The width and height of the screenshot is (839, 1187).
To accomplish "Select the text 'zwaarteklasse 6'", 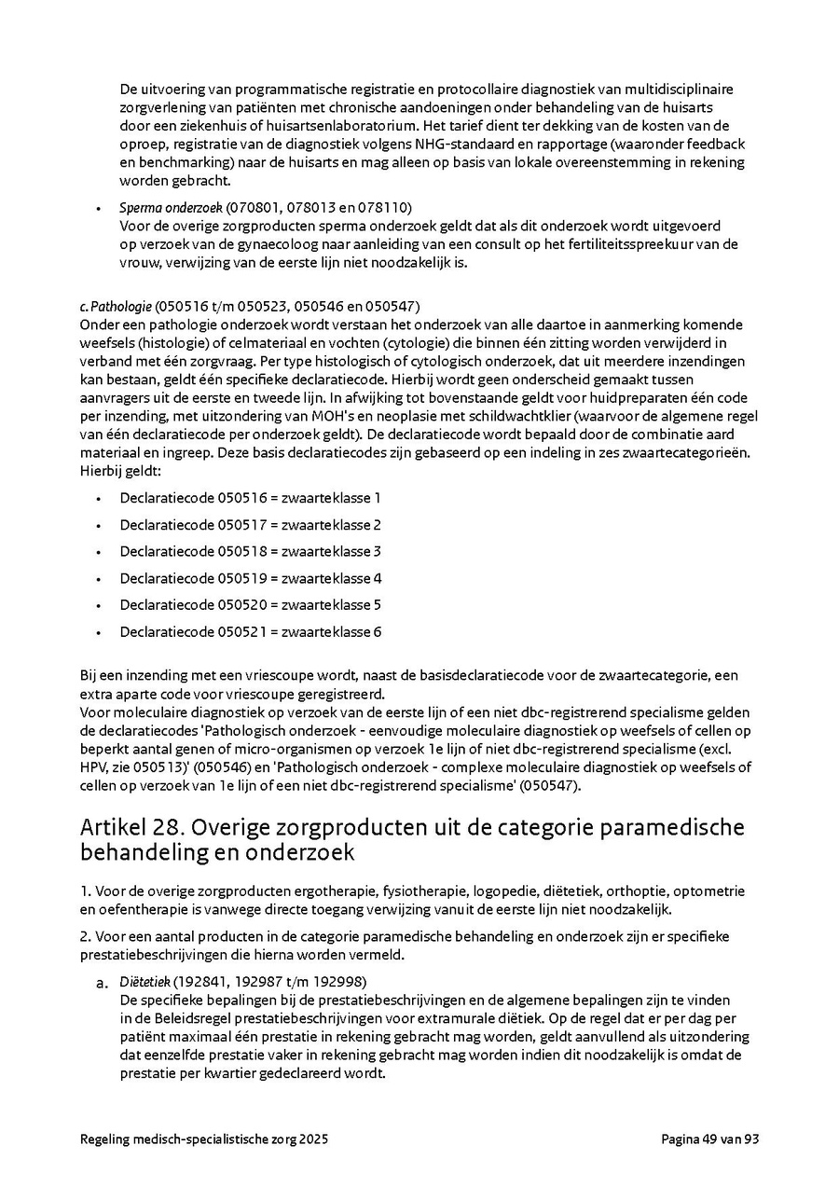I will [x=331, y=632].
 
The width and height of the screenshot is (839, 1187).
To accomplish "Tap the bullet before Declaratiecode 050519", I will [x=98, y=579].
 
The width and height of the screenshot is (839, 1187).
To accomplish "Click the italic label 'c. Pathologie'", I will [x=116, y=306].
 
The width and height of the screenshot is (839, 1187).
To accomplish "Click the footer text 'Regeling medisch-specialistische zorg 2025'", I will [x=204, y=1139].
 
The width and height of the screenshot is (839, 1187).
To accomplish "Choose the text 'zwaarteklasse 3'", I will [x=331, y=551].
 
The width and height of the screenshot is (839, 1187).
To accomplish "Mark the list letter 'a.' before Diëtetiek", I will [x=103, y=983].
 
